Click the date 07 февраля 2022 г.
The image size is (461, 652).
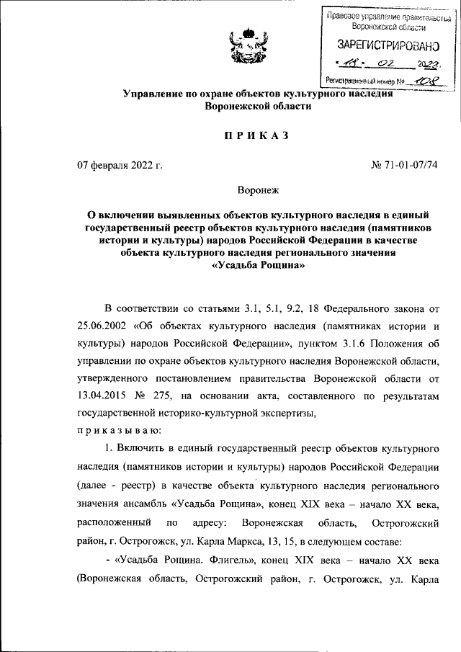point(120,166)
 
